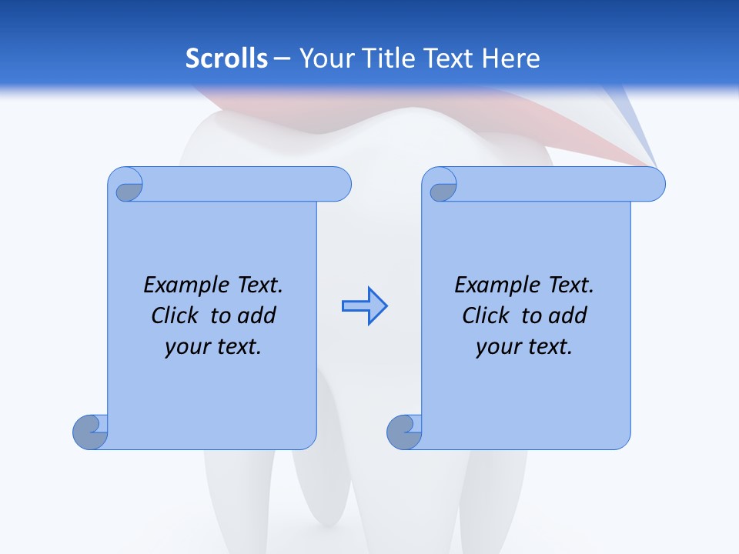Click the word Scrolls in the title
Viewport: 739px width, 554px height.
click(x=227, y=58)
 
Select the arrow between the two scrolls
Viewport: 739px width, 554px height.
click(x=364, y=306)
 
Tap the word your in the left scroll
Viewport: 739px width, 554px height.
click(x=187, y=347)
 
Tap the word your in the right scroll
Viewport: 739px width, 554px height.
click(x=498, y=347)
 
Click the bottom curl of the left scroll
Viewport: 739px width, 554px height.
click(x=90, y=432)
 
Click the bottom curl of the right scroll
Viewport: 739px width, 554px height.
click(x=404, y=432)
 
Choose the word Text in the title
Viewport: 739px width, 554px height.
click(x=449, y=58)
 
